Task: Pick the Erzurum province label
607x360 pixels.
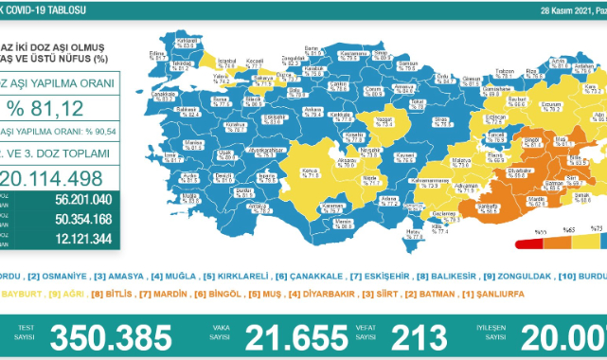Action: [x=549, y=103]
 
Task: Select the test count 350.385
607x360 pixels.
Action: [x=111, y=335]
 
